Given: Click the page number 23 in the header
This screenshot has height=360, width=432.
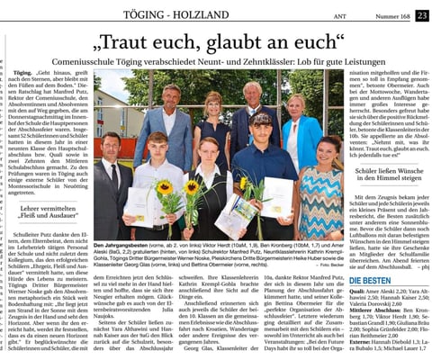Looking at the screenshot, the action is [x=423, y=14].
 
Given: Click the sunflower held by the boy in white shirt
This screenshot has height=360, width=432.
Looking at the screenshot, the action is [x=164, y=188].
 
